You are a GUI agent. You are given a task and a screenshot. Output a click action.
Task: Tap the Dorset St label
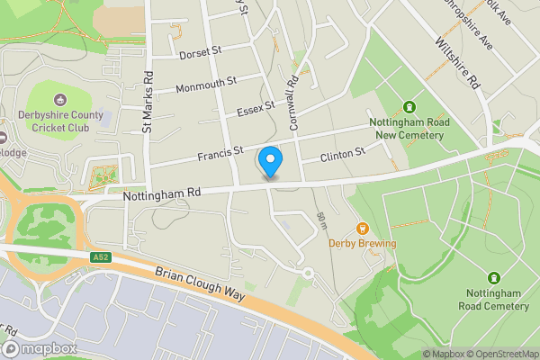tap(200, 52)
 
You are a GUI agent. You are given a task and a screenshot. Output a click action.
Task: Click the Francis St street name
tap(221, 152)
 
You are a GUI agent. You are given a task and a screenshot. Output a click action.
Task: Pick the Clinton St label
tap(344, 156)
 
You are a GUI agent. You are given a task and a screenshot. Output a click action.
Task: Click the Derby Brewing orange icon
tap(364, 229)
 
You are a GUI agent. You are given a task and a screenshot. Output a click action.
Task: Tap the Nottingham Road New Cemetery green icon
tap(409, 107)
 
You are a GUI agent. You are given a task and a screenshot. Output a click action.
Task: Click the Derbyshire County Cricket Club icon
tap(60, 100)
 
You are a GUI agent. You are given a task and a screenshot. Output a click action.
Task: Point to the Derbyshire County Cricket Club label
tap(60, 121)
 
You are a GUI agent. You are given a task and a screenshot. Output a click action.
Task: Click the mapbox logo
tap(40, 348)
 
